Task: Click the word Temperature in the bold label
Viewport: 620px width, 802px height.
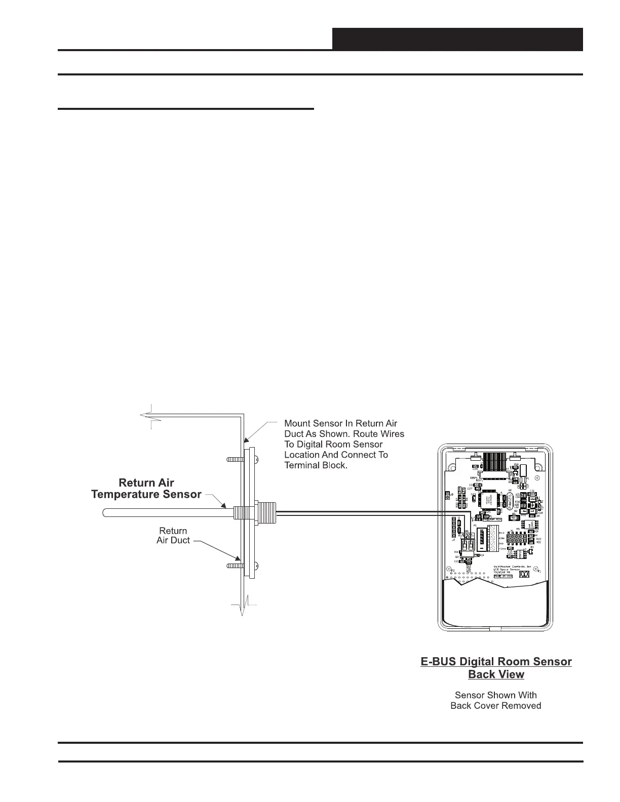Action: [129, 494]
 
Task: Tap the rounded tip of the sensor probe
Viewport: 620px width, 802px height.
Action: [105, 512]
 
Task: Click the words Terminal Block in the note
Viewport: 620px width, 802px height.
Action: [316, 465]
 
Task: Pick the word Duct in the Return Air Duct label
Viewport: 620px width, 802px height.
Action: [180, 540]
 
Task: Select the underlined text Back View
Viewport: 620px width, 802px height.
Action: [496, 674]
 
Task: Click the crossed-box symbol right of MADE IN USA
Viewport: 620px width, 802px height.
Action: [525, 575]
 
